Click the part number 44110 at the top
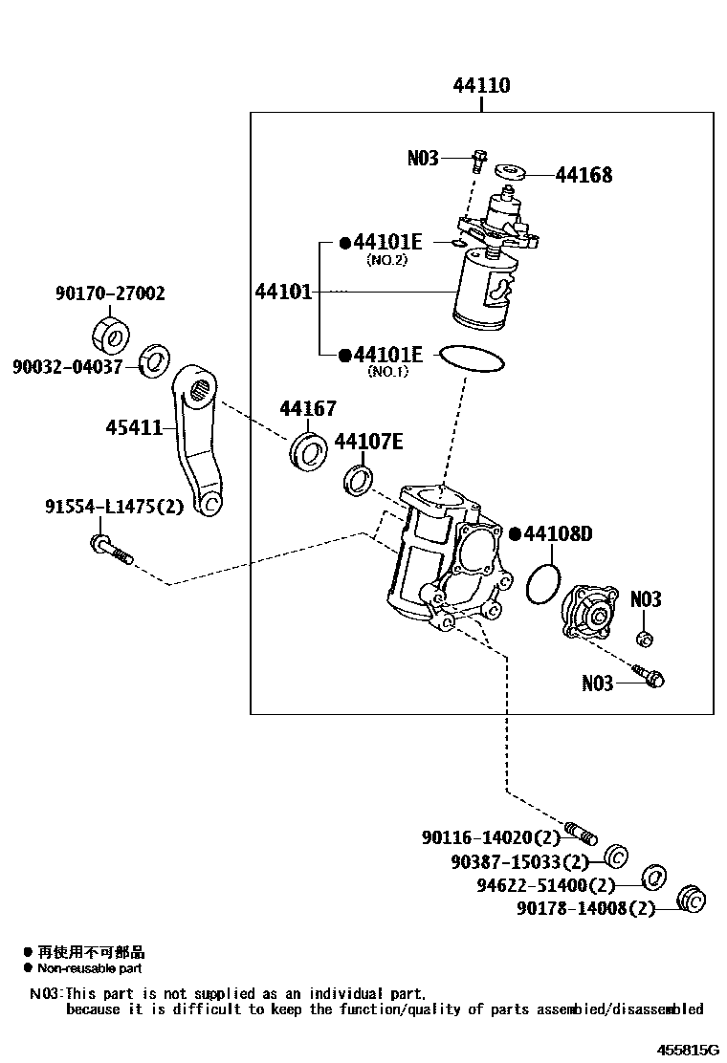point(481,86)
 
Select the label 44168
point(584,175)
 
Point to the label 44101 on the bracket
point(283,291)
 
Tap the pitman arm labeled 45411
point(198,440)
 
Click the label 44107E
point(368,441)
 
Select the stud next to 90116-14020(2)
point(580,834)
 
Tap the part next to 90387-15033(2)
point(616,855)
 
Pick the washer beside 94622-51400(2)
point(653,878)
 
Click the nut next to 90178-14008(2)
point(690,900)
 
